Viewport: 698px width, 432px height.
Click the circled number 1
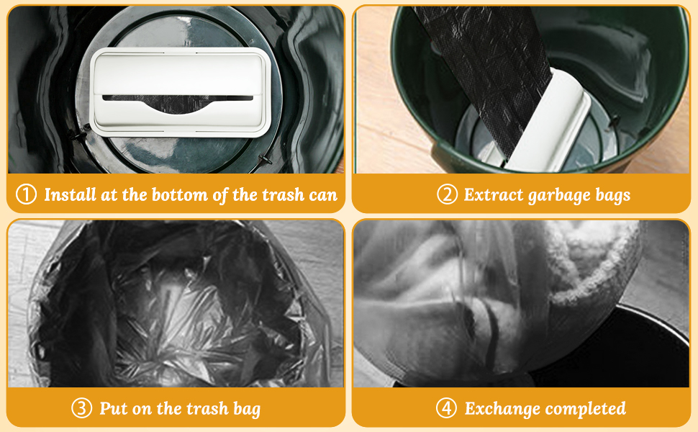(x=26, y=194)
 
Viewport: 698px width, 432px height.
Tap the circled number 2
(x=448, y=194)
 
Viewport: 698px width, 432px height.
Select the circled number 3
(x=82, y=408)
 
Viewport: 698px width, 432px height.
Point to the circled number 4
(x=446, y=408)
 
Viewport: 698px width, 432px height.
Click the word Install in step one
(x=71, y=194)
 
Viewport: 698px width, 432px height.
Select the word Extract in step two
(x=494, y=194)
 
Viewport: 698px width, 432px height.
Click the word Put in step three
(x=111, y=408)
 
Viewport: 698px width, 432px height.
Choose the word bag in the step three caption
(x=247, y=410)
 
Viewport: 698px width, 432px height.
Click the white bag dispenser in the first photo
(x=181, y=91)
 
